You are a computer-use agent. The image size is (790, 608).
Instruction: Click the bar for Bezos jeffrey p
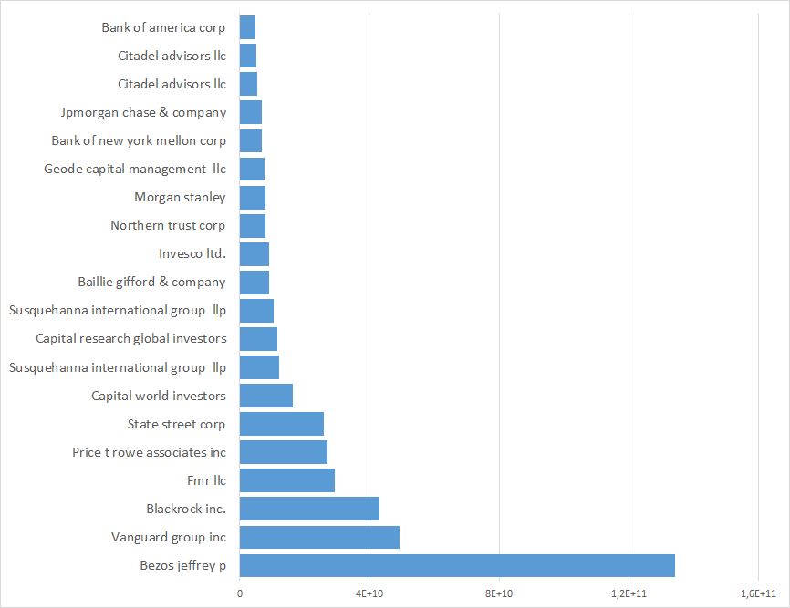pos(456,565)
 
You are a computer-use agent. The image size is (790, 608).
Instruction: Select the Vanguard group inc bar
pos(319,537)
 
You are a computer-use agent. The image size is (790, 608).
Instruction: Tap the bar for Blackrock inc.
pos(309,509)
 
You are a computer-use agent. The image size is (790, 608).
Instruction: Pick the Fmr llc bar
pos(286,480)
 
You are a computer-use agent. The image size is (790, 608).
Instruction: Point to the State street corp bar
pos(281,424)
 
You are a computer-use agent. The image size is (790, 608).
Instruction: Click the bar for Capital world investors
pos(265,396)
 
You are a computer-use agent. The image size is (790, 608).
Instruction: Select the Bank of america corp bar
pos(247,28)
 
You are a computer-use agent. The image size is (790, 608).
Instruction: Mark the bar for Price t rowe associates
pos(283,452)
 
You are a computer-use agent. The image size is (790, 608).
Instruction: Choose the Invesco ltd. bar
pos(254,254)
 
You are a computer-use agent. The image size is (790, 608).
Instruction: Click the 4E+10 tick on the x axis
pos(369,593)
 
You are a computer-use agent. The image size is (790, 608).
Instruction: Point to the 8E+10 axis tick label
pos(499,593)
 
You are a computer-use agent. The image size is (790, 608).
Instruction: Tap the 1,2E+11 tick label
pos(629,593)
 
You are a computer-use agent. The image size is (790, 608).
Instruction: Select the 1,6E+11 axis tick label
pos(758,593)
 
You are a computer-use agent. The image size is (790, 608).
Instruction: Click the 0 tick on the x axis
pos(239,593)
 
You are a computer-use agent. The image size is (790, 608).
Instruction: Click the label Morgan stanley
pos(180,198)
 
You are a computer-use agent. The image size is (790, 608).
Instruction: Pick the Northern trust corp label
pos(168,226)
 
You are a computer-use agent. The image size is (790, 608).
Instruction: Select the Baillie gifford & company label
pos(152,283)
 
